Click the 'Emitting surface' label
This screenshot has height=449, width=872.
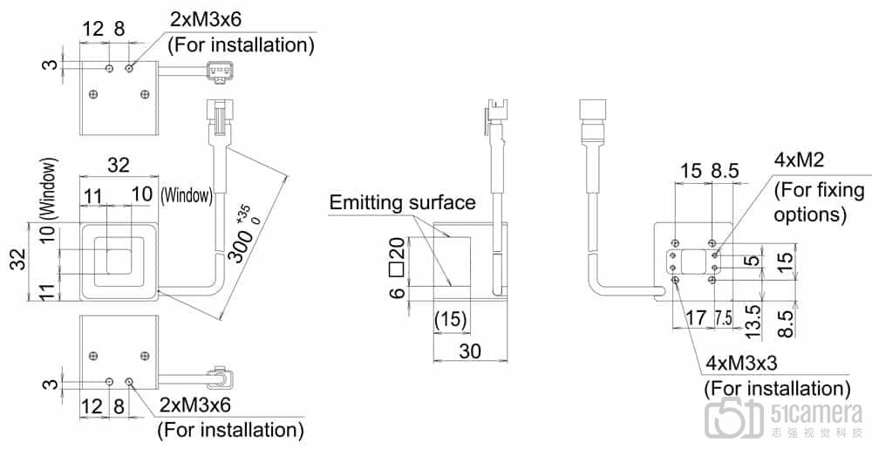click(402, 203)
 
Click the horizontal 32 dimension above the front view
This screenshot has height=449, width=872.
click(119, 164)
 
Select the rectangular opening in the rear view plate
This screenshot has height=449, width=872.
click(695, 261)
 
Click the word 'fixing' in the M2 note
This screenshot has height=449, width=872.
click(835, 190)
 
